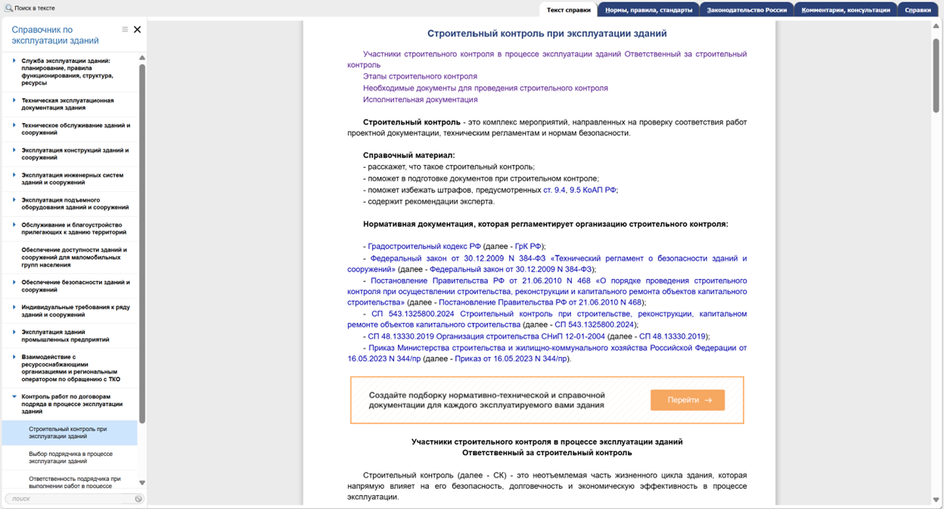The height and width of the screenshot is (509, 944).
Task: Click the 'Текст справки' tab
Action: pos(568,10)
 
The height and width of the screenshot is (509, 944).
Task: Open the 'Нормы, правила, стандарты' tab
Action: pos(648,10)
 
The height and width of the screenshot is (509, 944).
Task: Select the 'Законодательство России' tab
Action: pos(747,10)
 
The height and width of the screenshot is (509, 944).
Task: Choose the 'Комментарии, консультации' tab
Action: pos(846,10)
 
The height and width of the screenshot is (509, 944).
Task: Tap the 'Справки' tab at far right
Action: pos(918,10)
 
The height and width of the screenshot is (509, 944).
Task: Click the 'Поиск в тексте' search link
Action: pos(30,8)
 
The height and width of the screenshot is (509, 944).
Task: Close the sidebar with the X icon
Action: pos(137,29)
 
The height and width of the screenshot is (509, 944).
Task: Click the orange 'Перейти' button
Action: pos(687,400)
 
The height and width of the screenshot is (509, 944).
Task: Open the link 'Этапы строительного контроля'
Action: pos(420,76)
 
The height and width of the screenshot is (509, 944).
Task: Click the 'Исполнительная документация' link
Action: pos(420,99)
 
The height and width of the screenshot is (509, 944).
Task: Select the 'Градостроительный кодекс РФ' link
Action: pos(424,247)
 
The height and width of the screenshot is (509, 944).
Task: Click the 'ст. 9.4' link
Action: pos(554,190)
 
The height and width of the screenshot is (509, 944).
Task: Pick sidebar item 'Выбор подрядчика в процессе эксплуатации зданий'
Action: pos(70,458)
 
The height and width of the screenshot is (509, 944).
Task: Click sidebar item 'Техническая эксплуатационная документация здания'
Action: pos(67,104)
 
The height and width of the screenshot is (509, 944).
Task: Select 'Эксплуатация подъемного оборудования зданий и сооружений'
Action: pos(74,203)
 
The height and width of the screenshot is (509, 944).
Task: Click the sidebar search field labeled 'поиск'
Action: pos(68,498)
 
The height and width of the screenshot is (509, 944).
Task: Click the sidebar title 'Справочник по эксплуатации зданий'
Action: pos(55,35)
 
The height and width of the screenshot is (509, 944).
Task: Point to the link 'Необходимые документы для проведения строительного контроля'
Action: pos(485,88)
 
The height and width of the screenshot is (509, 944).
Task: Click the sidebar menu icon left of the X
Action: pos(125,29)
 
